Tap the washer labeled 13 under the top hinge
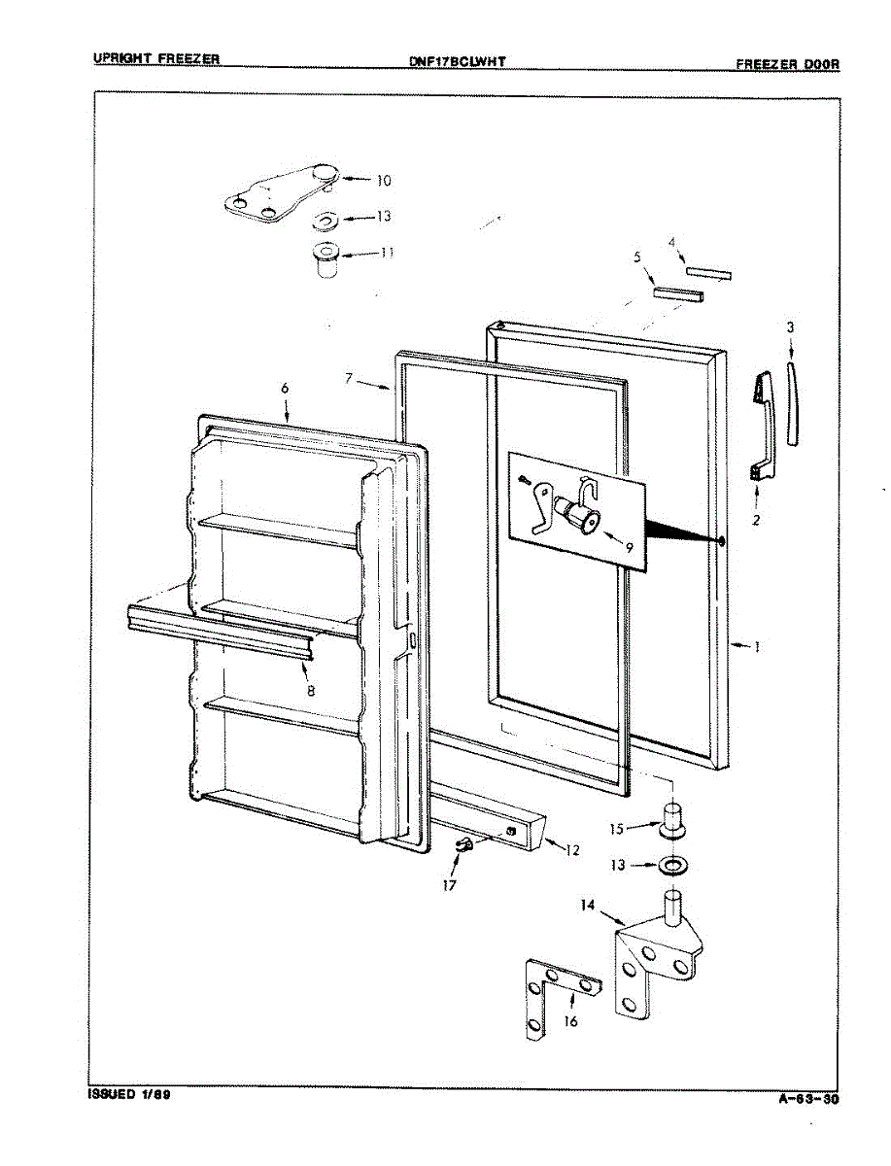[x=326, y=220]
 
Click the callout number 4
[x=671, y=242]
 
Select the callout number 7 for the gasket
[x=348, y=378]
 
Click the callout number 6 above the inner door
[x=285, y=388]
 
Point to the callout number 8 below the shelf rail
[x=310, y=691]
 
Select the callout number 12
[x=572, y=850]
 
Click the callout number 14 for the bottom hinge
[x=588, y=906]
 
